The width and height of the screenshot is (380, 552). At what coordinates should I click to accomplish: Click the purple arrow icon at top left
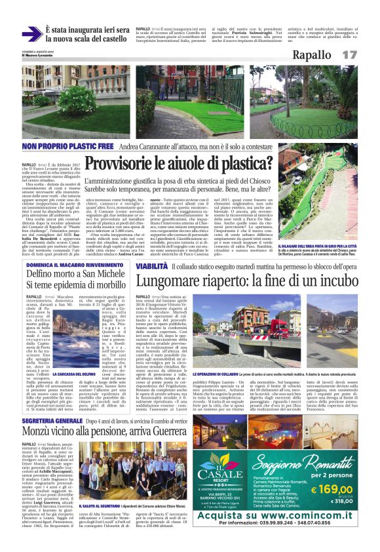coord(31,33)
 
